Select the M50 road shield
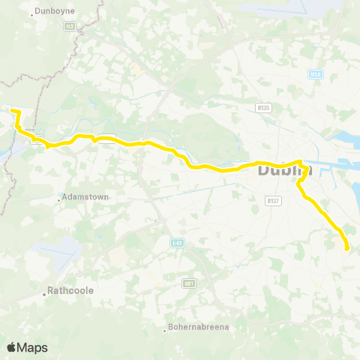pos(316,73)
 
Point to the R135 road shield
pos(262,107)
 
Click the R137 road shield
pos(273,200)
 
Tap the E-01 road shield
pos(177,243)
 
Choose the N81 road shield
pos(189,283)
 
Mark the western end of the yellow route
pos(12,112)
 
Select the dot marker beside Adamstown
pos(60,199)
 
